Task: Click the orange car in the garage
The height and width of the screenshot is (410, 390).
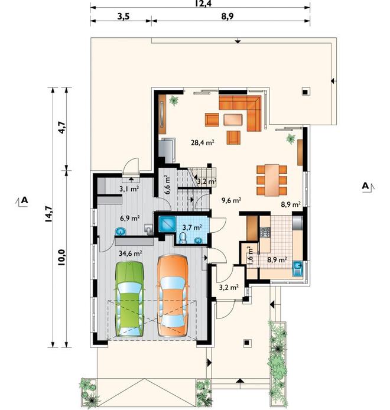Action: (173, 295)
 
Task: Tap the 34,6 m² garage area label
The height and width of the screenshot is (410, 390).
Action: (130, 253)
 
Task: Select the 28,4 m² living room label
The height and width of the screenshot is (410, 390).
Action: (203, 142)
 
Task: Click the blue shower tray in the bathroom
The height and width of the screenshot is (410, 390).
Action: (167, 224)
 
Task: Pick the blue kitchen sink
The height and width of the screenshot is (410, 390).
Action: (297, 269)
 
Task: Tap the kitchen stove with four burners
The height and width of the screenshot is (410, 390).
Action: (265, 232)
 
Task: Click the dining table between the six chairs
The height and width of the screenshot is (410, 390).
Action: (272, 180)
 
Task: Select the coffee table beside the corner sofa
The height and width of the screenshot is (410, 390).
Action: (233, 119)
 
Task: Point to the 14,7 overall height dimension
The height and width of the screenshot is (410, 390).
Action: (48, 214)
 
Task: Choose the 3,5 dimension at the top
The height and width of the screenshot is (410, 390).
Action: (123, 17)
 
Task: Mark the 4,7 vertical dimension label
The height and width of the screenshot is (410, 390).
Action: (62, 128)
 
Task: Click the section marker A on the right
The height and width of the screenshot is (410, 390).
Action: (366, 186)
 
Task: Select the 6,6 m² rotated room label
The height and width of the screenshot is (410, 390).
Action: (167, 184)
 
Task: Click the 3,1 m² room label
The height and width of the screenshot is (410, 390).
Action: (129, 188)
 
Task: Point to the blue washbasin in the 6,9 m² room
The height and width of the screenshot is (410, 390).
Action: (121, 232)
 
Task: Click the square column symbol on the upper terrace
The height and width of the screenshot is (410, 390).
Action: (305, 92)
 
